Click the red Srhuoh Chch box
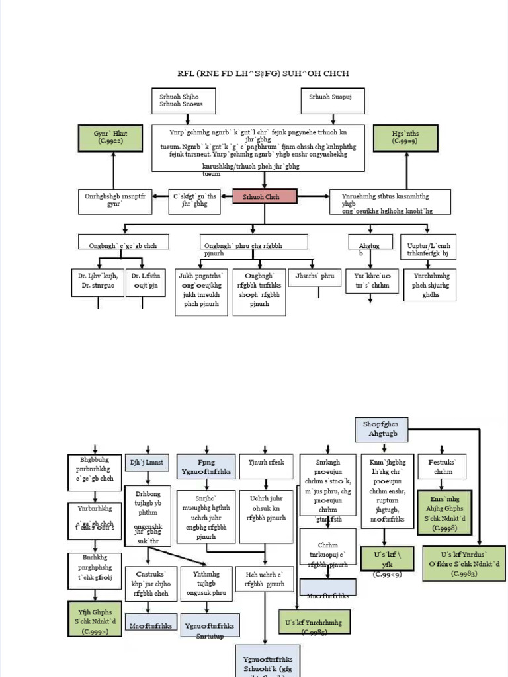pos(265,196)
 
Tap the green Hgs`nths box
pos(405,138)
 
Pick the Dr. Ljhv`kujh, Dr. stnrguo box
pos(97,282)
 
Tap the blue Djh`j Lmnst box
pos(147,463)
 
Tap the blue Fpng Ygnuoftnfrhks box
pos(206,466)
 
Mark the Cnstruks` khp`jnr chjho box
pos(151,584)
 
